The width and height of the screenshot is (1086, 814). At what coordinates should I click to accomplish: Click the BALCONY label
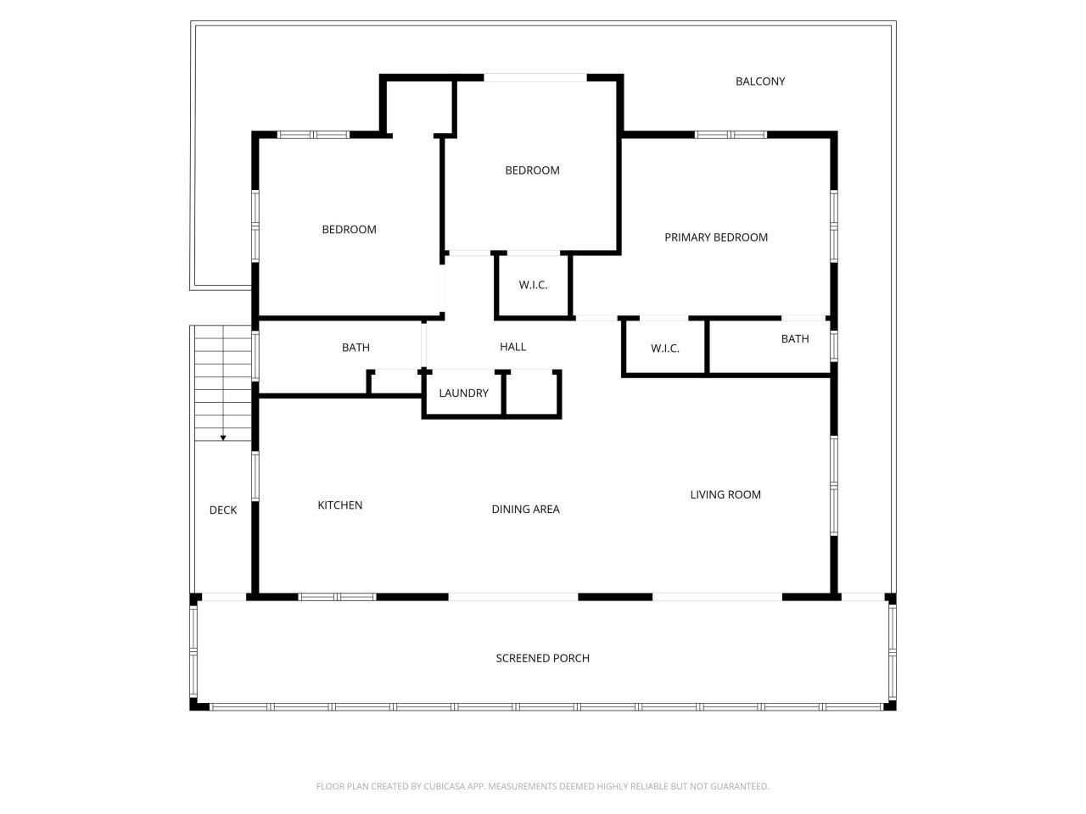(x=760, y=81)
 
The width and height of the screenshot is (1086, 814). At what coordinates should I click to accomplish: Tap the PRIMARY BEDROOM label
(x=716, y=237)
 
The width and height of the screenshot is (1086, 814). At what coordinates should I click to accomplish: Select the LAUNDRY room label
(x=463, y=393)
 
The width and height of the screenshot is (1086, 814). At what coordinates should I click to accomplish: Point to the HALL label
(x=512, y=347)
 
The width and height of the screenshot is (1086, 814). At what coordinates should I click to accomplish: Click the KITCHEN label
(x=339, y=505)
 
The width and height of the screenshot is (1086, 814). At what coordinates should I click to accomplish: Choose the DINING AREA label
(x=525, y=510)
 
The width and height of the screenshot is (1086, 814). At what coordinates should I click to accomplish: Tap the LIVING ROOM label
(x=725, y=495)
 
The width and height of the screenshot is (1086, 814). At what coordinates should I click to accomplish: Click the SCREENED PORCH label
(x=542, y=658)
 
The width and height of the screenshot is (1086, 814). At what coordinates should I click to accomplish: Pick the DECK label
(x=223, y=510)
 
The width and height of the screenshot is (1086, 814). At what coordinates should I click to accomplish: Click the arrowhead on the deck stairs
(x=223, y=438)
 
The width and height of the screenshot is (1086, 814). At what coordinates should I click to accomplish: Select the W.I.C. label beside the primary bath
(x=665, y=348)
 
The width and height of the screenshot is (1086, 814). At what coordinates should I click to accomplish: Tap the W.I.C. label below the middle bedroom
(x=533, y=285)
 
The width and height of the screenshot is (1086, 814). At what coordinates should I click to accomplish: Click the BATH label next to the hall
(x=355, y=348)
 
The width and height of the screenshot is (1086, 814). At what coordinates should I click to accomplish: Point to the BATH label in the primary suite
(x=795, y=339)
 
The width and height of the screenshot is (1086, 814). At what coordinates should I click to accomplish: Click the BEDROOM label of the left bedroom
(x=349, y=230)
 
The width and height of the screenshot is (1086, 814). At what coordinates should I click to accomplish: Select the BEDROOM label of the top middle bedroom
(x=532, y=170)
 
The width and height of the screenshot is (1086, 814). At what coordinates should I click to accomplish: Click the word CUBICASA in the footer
(x=443, y=787)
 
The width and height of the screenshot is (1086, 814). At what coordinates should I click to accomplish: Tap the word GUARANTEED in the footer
(x=737, y=787)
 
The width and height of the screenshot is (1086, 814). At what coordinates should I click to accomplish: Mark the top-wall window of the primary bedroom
(x=731, y=134)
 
